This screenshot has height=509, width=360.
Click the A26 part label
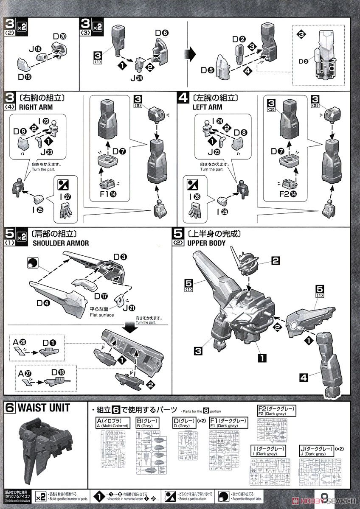tap(17, 342)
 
